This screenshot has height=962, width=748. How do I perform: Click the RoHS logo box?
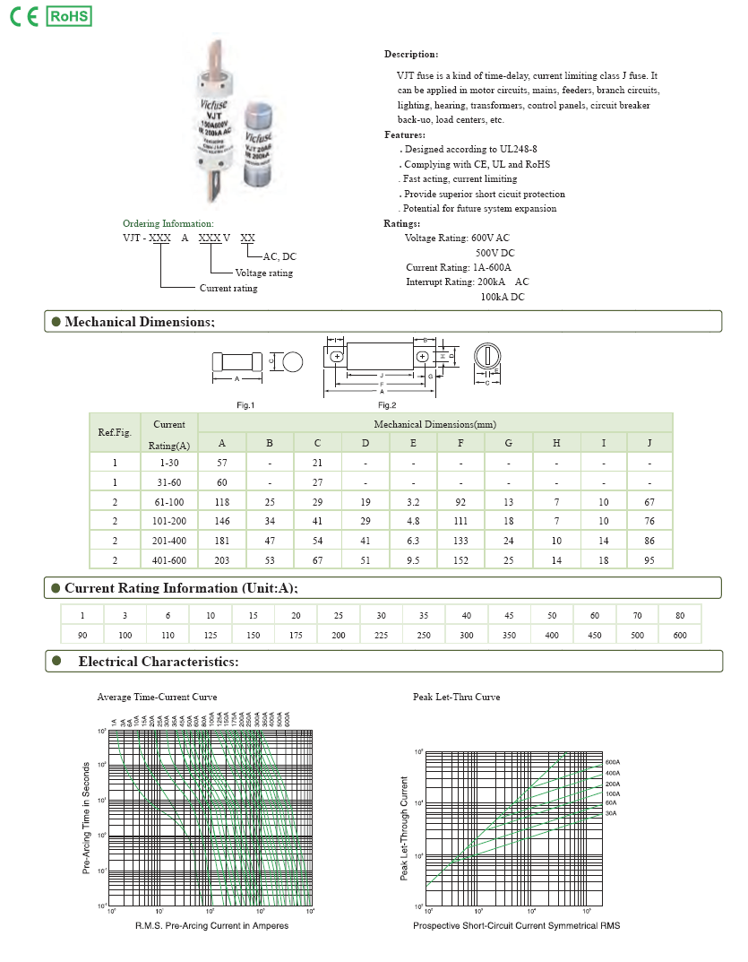pyautogui.click(x=68, y=16)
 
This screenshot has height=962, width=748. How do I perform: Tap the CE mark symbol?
pyautogui.click(x=23, y=17)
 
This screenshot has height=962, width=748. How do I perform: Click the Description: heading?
pyautogui.click(x=411, y=55)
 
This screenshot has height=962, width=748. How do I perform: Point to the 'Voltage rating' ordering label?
pyautogui.click(x=263, y=273)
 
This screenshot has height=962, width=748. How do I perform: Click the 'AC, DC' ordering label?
pyautogui.click(x=279, y=256)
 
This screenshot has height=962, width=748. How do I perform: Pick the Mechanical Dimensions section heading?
pyautogui.click(x=139, y=322)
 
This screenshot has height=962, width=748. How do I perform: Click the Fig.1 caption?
pyautogui.click(x=245, y=405)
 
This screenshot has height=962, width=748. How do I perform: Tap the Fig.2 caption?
pyautogui.click(x=386, y=405)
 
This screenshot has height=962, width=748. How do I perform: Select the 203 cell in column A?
pyautogui.click(x=221, y=559)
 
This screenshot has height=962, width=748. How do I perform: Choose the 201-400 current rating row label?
pyautogui.click(x=168, y=541)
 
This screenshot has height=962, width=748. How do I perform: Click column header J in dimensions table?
pyautogui.click(x=650, y=443)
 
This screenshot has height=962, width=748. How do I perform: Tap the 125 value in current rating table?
pyautogui.click(x=211, y=635)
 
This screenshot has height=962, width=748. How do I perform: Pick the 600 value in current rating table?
pyautogui.click(x=680, y=635)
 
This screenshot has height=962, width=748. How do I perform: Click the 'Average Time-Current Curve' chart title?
pyautogui.click(x=157, y=697)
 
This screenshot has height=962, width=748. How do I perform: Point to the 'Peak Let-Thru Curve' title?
pyautogui.click(x=456, y=697)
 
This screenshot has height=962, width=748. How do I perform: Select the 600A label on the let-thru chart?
pyautogui.click(x=613, y=762)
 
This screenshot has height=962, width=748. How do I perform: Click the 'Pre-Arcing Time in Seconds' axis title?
pyautogui.click(x=86, y=818)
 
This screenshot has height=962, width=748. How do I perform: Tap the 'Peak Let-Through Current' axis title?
pyautogui.click(x=404, y=828)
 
